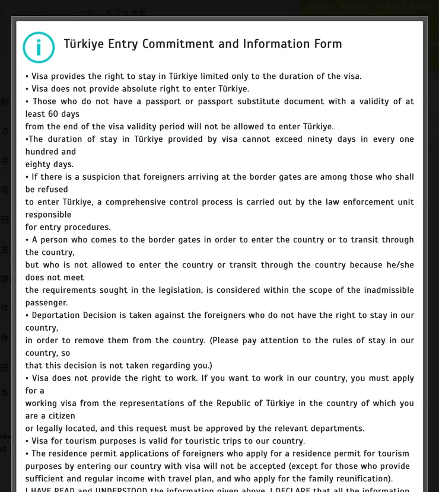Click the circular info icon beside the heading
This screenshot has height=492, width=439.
(x=39, y=47)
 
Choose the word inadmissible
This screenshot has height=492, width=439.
(x=384, y=290)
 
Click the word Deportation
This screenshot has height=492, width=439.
(x=59, y=315)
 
